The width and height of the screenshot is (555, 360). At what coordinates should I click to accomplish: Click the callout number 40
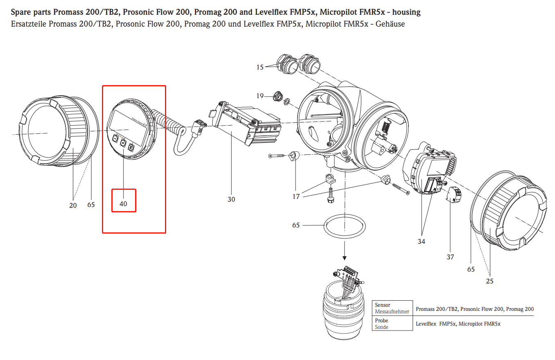123,204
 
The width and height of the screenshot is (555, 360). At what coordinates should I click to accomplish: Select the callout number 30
231,199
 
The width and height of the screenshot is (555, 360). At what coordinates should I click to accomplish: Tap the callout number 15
260,67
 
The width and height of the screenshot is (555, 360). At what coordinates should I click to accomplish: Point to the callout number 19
260,96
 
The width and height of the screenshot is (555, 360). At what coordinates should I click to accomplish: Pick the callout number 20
73,205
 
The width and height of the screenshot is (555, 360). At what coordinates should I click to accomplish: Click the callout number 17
296,196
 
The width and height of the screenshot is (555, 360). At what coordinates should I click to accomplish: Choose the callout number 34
421,241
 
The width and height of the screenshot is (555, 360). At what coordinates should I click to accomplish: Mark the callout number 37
450,257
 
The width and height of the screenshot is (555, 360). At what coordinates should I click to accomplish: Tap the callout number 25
490,281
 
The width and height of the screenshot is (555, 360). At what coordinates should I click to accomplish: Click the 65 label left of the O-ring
296,225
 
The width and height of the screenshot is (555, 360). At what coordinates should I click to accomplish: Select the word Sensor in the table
383,305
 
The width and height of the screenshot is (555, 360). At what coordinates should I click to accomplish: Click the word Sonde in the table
382,327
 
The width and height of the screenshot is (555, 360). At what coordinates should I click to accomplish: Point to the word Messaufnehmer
392,312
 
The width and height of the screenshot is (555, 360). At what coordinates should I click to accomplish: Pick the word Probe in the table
382,321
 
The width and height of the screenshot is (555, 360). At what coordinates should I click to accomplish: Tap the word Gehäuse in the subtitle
391,24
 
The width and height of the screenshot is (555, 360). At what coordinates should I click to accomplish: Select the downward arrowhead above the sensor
345,258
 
